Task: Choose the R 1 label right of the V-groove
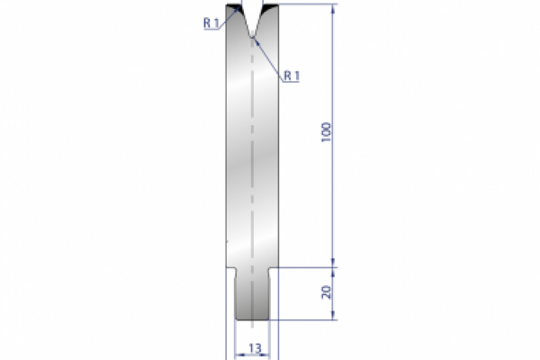coord(291,76)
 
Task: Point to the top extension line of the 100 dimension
coord(306,4)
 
